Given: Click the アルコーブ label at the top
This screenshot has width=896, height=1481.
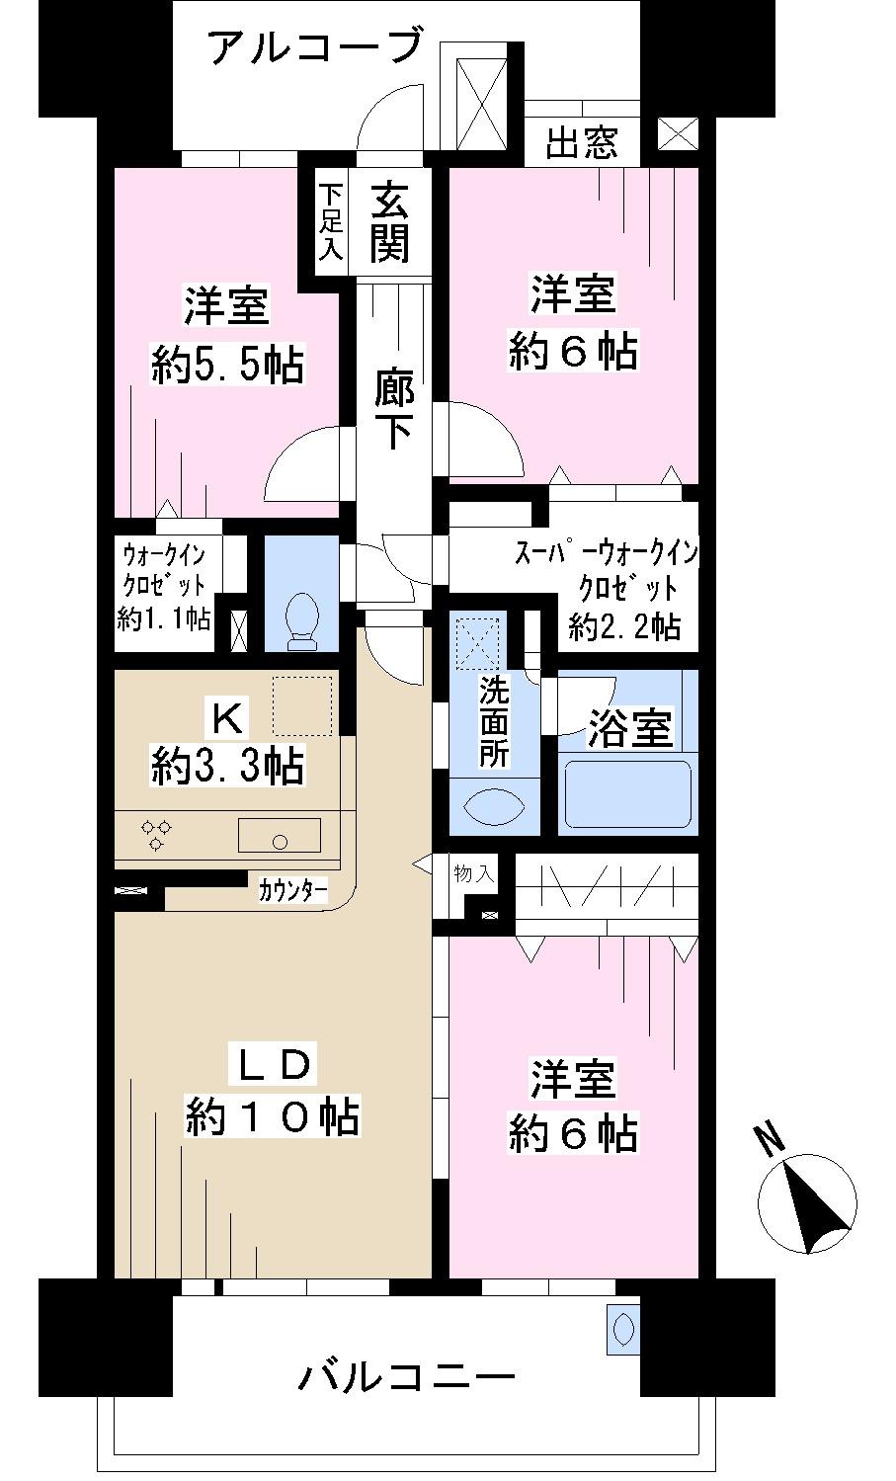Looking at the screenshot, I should click(315, 47).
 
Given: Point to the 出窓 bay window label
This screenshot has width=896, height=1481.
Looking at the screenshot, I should click(582, 144).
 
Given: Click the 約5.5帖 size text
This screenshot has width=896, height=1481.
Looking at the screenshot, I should click(226, 365).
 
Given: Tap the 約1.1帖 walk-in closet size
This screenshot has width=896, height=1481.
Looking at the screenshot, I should click(164, 619).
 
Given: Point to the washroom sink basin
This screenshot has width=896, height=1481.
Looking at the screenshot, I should click(494, 806).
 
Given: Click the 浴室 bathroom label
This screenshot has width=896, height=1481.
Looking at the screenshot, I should click(630, 728).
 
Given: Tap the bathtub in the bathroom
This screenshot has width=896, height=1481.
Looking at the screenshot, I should click(626, 793).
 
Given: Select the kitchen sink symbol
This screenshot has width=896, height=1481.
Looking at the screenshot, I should click(280, 837).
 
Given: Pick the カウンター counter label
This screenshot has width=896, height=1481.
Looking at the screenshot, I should click(293, 890).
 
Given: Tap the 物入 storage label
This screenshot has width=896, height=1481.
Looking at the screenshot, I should click(472, 873).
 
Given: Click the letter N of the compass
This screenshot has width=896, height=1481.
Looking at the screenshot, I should click(770, 1139).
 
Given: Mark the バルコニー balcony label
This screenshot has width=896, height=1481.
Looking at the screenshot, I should click(406, 1376).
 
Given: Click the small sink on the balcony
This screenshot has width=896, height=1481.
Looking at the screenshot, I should click(623, 1329).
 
